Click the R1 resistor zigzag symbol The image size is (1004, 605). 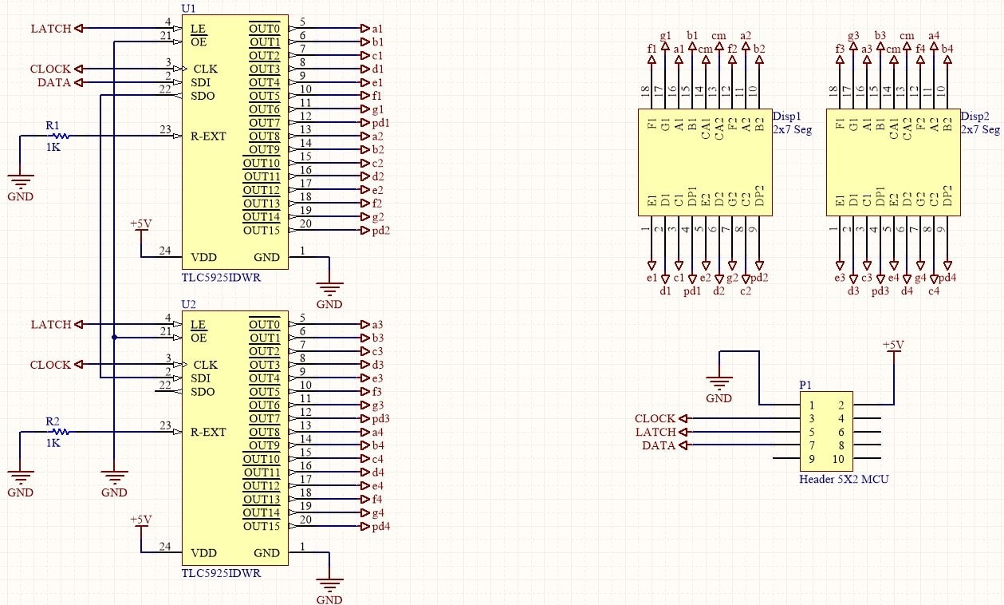61,136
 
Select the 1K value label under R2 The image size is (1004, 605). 53,443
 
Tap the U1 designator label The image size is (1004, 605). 188,8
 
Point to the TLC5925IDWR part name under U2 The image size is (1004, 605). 221,573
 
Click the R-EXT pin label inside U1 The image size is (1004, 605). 208,136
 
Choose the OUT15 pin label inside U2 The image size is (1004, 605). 262,526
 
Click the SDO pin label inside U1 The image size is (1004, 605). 203,96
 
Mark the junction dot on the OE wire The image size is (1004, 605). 114,338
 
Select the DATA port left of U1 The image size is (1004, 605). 54,82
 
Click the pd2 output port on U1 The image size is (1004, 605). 375,230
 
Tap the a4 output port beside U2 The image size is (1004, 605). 372,432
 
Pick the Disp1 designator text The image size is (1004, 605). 786,117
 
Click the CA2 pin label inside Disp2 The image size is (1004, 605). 908,129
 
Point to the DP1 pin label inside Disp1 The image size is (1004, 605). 692,196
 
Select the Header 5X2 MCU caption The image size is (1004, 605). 844,479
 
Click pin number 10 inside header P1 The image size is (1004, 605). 838,459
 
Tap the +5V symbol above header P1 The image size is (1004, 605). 893,346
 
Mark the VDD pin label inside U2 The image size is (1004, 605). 203,553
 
